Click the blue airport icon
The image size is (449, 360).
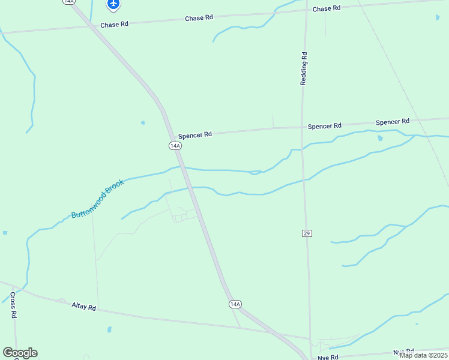coord(113,5)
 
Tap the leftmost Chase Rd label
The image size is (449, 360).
coord(115,25)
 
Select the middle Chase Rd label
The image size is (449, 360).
coord(199,19)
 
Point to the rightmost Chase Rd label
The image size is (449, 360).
coord(327,8)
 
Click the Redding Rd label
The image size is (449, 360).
coord(304,68)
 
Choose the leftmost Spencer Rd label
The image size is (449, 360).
coord(194,134)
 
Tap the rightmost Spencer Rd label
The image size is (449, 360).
coord(393,122)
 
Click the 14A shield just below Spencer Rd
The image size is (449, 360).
coord(175,146)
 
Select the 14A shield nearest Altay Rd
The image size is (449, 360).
coord(235,304)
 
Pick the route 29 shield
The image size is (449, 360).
coord(307,232)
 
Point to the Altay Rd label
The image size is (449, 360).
coord(83,307)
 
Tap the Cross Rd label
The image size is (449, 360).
coord(13,305)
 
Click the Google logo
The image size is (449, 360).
coord(20,353)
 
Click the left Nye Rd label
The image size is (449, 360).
coord(328,357)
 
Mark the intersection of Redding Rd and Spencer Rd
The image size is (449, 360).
coord(302,127)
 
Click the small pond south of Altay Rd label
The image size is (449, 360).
coord(109,329)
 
